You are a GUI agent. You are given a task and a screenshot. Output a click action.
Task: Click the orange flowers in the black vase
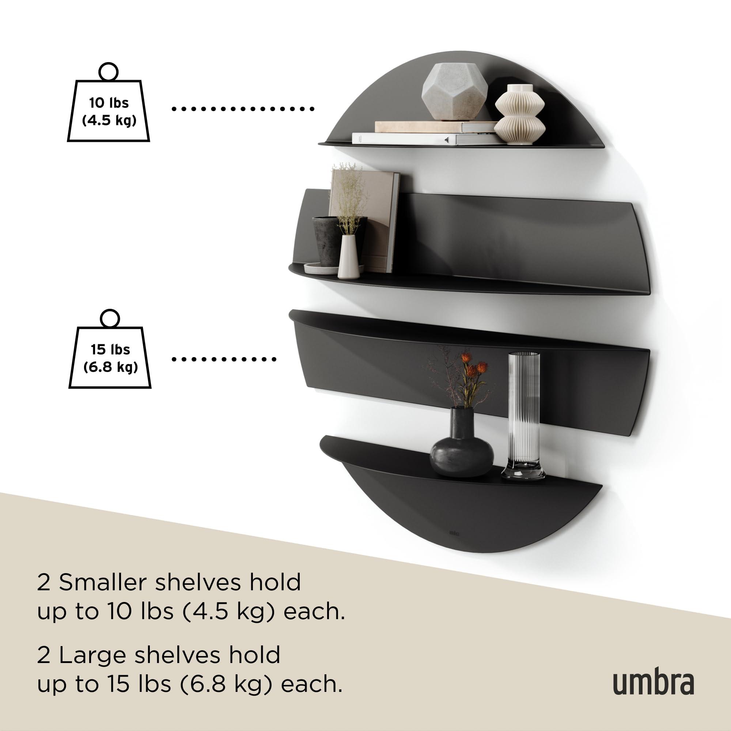click(473, 371)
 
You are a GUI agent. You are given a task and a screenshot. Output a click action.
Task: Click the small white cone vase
click(348, 257)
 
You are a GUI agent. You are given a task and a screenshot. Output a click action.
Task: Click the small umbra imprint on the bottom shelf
click(454, 543)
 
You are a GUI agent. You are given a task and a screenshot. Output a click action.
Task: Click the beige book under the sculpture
click(435, 126)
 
